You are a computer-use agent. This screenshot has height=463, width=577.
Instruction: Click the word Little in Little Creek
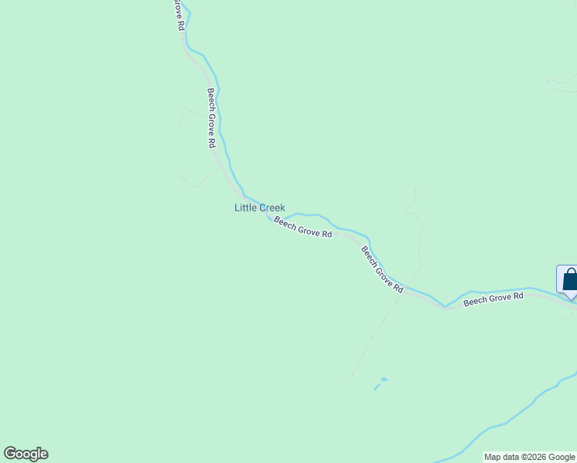(x=245, y=208)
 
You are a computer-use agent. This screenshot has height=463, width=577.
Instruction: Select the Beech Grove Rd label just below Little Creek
(x=302, y=228)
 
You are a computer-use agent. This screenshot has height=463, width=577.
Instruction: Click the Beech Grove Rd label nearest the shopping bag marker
(x=493, y=299)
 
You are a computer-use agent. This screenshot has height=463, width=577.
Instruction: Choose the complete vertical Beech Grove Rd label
(x=211, y=118)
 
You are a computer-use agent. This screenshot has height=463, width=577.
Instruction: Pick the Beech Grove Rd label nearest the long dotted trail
(x=383, y=269)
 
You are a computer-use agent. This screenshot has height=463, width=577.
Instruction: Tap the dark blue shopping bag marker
(x=569, y=279)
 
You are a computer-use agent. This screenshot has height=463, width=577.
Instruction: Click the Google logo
(x=25, y=454)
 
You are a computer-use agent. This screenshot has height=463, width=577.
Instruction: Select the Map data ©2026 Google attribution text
(x=529, y=457)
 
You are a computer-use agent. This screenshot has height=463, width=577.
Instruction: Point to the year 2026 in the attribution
(x=535, y=457)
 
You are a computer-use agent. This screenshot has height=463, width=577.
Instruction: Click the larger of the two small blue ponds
(x=383, y=379)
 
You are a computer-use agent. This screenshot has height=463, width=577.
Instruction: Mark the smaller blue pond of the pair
(x=376, y=387)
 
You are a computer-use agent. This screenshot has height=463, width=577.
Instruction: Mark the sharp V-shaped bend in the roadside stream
(x=445, y=306)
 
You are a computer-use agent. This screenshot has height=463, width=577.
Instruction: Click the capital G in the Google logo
(x=10, y=454)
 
